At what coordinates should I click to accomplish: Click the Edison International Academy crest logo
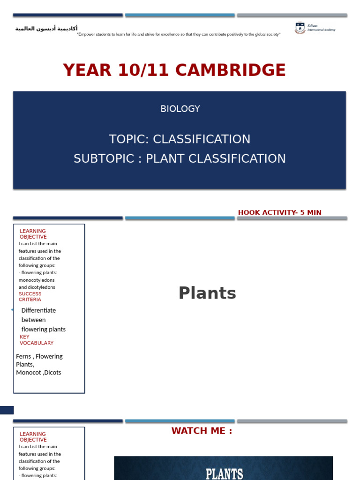pos(300,28)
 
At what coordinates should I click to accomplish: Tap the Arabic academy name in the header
pos(46,29)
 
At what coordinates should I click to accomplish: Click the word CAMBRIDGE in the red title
pos(230,70)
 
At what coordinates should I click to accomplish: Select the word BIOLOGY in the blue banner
pos(180,109)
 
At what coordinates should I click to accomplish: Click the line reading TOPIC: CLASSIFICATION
pos(180,139)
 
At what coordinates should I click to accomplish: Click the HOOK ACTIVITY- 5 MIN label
pos(279,212)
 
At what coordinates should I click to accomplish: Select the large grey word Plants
pos(207,293)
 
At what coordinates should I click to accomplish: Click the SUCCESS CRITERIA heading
pos(30,297)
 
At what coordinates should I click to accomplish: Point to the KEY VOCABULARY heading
pos(36,340)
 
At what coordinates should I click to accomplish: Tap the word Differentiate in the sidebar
pos(38,310)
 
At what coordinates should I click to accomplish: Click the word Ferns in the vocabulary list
pos(23,356)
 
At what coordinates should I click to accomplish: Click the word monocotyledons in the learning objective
pos(37,280)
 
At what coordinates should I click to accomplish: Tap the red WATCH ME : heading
pos(202,431)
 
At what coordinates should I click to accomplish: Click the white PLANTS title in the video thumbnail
pos(224,473)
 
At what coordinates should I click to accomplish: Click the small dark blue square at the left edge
pos(7,410)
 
